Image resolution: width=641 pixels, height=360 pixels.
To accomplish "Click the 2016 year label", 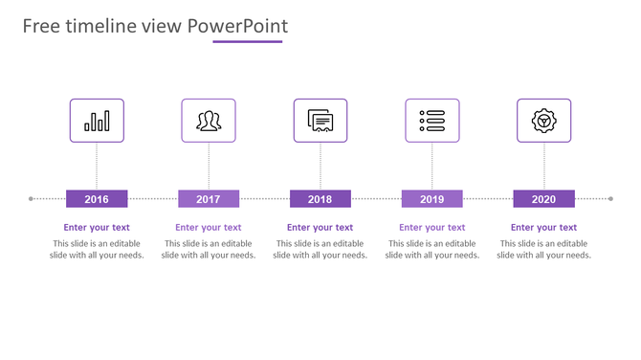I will [x=97, y=199].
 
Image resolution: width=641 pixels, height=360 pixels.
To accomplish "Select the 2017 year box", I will [x=209, y=199].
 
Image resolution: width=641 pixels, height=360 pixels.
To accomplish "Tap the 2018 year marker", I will [x=320, y=199].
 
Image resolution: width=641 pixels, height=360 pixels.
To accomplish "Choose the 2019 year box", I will [x=431, y=199].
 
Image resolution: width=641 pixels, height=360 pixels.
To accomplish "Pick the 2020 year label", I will [x=543, y=199].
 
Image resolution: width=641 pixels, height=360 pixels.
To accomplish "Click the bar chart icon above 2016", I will [x=97, y=121].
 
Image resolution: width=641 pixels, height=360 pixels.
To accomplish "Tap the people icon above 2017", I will [x=209, y=121].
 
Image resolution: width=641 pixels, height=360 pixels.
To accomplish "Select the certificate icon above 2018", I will [x=320, y=121].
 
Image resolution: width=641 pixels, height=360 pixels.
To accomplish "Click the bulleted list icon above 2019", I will [x=431, y=121].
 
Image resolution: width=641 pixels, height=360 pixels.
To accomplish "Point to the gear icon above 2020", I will [x=543, y=121].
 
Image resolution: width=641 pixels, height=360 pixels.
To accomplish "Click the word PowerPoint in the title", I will [x=237, y=26].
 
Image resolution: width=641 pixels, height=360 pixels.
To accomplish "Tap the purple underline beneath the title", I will [x=248, y=42].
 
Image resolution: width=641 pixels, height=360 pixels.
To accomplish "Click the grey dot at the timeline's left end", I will [x=32, y=199].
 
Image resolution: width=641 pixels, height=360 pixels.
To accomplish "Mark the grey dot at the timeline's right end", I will [x=610, y=199].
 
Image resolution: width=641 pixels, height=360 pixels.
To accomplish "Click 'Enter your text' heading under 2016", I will [x=97, y=228].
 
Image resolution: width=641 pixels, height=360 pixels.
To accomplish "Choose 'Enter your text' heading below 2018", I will [x=320, y=228].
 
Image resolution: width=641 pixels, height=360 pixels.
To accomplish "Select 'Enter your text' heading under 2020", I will [x=543, y=228].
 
